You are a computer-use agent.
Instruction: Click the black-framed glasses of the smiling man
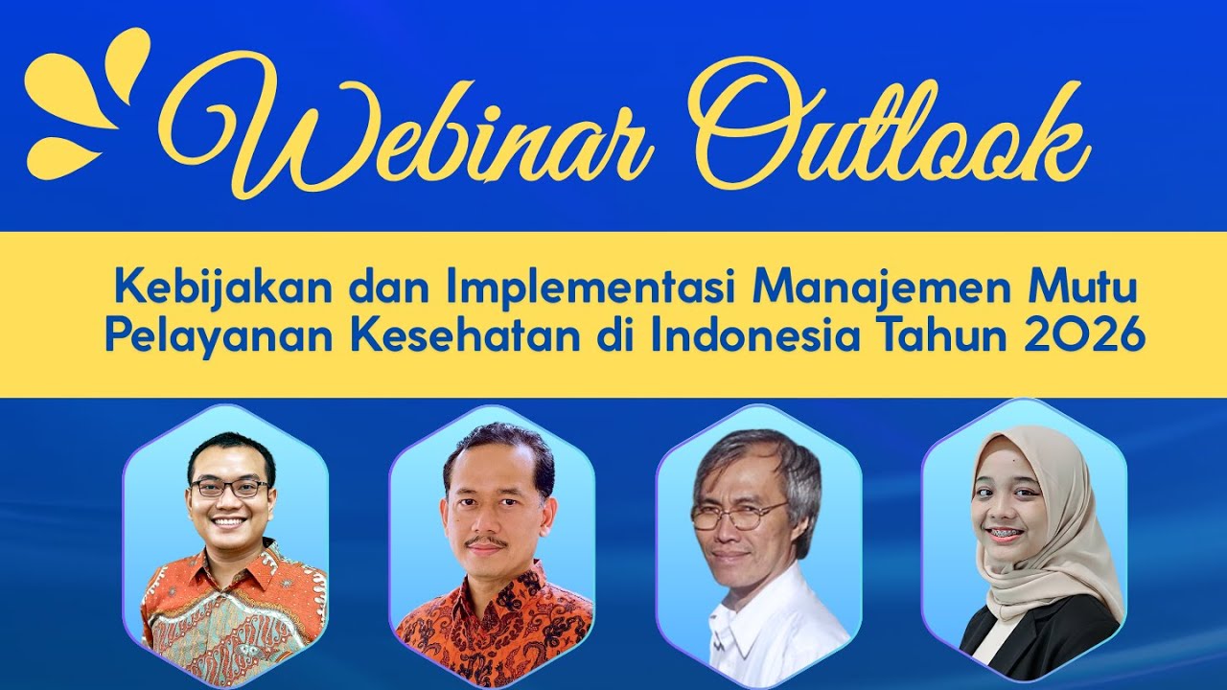230,488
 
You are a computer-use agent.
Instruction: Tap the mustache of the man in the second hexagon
488,542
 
